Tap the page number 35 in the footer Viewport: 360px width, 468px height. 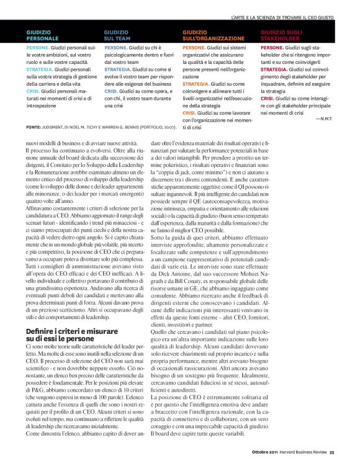331,451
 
